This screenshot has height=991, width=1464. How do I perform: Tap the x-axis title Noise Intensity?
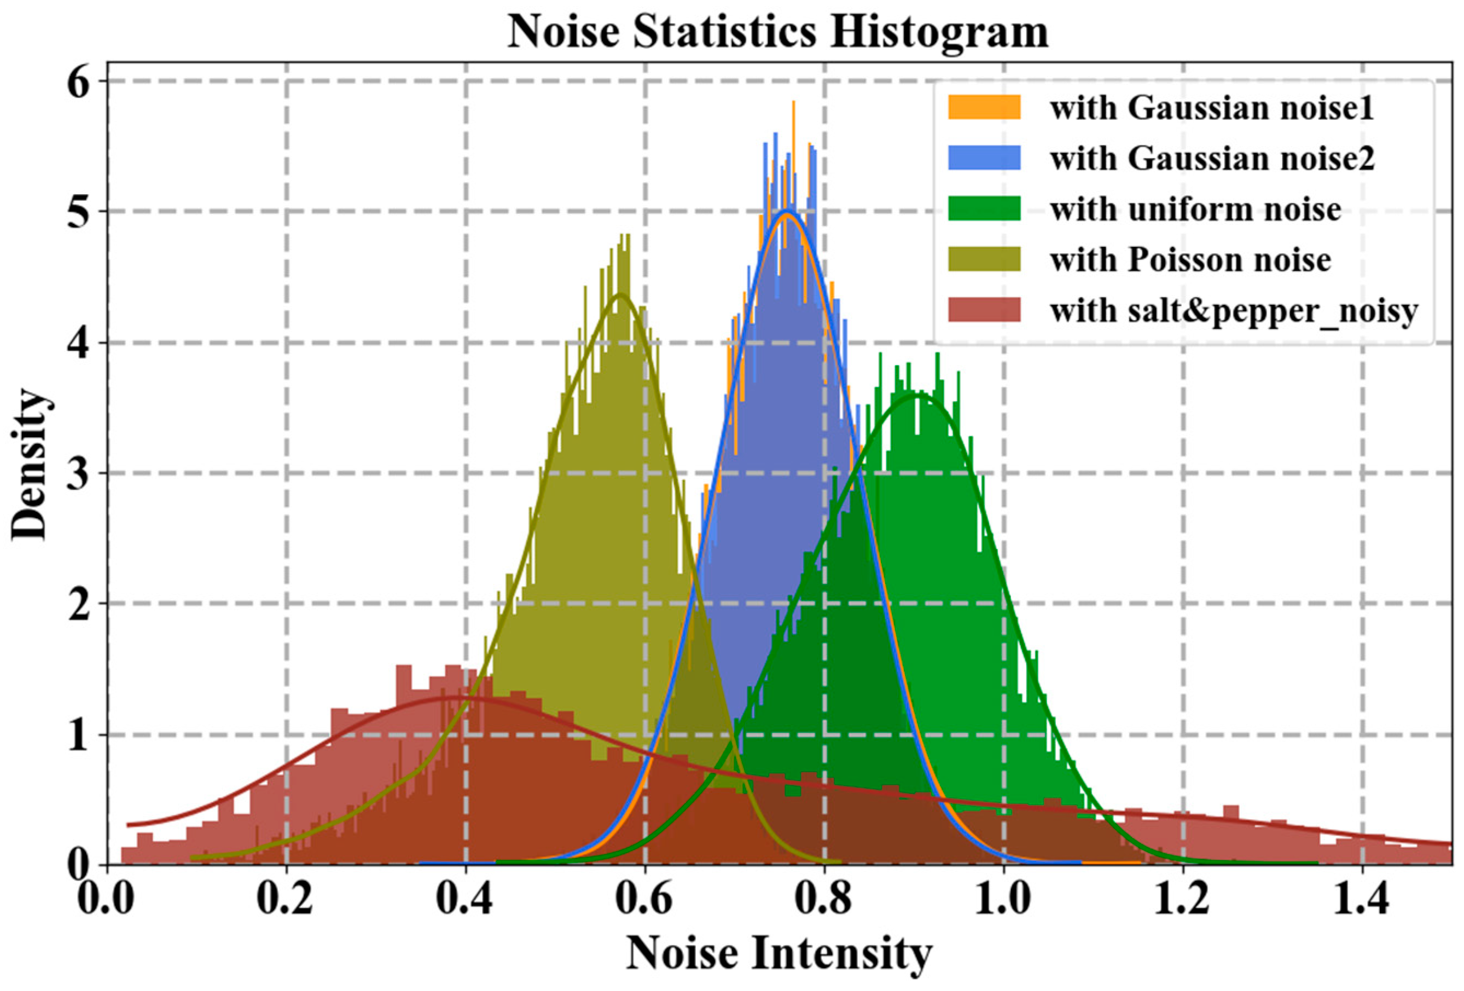tap(779, 953)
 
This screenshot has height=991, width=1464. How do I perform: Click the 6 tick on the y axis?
tap(79, 82)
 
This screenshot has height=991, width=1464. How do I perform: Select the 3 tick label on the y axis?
tap(79, 474)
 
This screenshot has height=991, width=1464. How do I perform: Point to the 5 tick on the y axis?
tap(79, 212)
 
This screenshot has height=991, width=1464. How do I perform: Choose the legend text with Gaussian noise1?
tap(1211, 108)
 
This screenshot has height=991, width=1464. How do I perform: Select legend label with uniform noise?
tap(1195, 209)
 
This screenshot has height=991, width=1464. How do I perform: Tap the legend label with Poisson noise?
tap(1190, 259)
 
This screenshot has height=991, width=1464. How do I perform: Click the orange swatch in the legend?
tap(984, 107)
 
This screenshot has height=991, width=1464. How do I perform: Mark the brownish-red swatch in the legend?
tap(984, 309)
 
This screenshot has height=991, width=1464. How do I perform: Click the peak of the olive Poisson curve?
tap(620, 294)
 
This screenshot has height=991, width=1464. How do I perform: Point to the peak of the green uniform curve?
tap(915, 396)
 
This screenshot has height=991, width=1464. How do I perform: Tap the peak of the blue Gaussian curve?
tap(787, 212)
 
